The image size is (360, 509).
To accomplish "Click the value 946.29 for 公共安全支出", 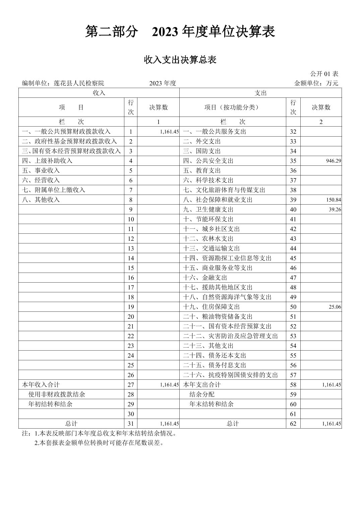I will pyautogui.click(x=333, y=161).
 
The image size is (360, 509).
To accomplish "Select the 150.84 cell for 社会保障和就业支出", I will pyautogui.click(x=333, y=200).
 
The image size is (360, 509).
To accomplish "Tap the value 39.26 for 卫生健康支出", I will pyautogui.click(x=334, y=210).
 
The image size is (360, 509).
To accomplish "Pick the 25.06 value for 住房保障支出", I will pyautogui.click(x=334, y=307).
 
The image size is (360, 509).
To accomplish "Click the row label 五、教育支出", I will pyautogui.click(x=202, y=171).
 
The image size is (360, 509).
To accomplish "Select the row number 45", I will pyautogui.click(x=293, y=258).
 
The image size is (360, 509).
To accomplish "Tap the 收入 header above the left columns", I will pyautogui.click(x=99, y=93).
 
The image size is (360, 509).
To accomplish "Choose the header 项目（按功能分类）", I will pyautogui.click(x=232, y=107).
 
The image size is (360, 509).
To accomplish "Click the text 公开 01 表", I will pyautogui.click(x=324, y=74).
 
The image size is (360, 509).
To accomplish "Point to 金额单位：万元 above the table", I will pyautogui.click(x=316, y=83).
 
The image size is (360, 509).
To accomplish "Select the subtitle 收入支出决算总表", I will pyautogui.click(x=180, y=60).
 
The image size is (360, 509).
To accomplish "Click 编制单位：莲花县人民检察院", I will pyautogui.click(x=63, y=83).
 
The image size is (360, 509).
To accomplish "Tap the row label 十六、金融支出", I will pyautogui.click(x=205, y=278).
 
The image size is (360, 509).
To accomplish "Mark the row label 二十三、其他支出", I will pyautogui.click(x=208, y=346).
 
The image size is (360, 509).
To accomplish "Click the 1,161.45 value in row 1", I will pyautogui.click(x=169, y=132).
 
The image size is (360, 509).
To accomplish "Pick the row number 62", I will pyautogui.click(x=293, y=424).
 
